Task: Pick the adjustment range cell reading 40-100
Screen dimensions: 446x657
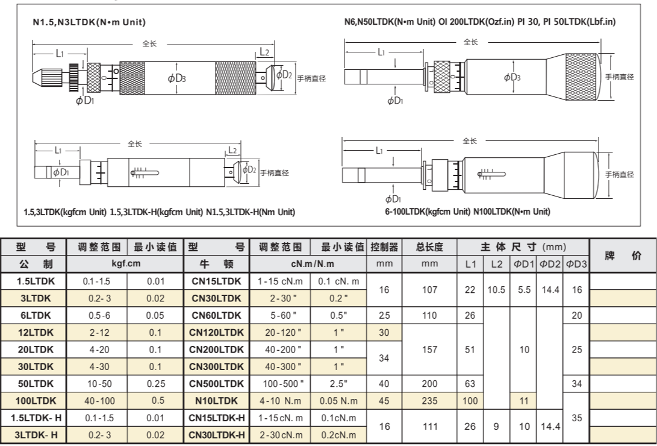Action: click(x=96, y=400)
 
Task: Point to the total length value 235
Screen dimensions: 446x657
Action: click(x=429, y=400)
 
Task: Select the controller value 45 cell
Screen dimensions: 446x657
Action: click(x=384, y=400)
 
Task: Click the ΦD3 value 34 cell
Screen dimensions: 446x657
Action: click(x=576, y=383)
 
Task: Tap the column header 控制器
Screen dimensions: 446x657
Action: click(x=384, y=247)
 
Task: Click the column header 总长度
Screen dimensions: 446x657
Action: click(x=429, y=247)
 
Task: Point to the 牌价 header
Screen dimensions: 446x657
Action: click(x=621, y=256)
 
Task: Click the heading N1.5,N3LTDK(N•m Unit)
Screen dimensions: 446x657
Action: click(x=89, y=22)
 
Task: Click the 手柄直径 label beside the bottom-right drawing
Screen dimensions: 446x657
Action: click(x=620, y=174)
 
